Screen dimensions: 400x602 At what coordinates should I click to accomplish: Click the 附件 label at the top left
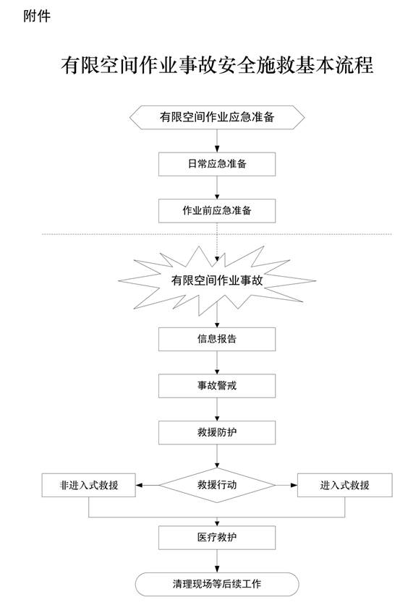(37, 16)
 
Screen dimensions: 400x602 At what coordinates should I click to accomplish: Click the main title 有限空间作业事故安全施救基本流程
(217, 65)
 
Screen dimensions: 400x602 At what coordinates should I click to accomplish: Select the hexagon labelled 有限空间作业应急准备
(217, 117)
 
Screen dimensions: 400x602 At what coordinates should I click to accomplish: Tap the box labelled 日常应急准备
(217, 164)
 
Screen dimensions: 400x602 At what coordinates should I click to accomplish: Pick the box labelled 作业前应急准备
(217, 210)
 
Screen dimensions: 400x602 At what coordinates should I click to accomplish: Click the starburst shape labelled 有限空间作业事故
(217, 280)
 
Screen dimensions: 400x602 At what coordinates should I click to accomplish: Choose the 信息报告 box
(217, 339)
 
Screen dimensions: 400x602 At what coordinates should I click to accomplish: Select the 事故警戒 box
(217, 385)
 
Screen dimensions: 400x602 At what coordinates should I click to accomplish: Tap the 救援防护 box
(217, 432)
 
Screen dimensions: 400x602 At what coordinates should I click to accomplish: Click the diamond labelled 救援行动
(217, 485)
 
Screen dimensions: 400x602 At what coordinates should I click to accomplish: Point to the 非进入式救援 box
(89, 486)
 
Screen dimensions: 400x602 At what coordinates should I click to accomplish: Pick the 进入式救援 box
(345, 486)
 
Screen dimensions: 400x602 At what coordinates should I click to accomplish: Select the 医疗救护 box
(217, 538)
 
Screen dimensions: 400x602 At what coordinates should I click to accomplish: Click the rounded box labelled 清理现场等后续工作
(217, 584)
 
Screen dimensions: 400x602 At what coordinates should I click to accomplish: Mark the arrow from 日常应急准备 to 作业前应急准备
(217, 187)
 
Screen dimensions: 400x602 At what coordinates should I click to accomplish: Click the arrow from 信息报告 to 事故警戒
(217, 363)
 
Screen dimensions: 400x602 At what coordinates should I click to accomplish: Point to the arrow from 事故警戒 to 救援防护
(217, 409)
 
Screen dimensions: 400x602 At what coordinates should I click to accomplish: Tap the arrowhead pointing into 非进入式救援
(139, 486)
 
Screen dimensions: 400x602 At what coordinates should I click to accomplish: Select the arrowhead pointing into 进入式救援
(294, 486)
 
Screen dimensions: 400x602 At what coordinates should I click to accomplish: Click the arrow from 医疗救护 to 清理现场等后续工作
(217, 561)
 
